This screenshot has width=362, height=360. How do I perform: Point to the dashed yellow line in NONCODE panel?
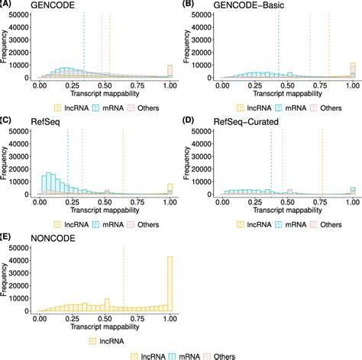point(124,275)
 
